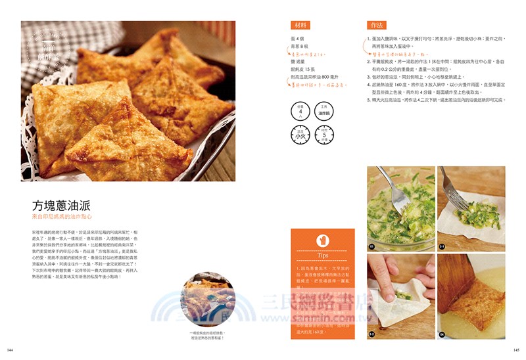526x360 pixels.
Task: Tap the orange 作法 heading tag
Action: tap(376, 25)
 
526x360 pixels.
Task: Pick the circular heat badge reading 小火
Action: tap(300, 135)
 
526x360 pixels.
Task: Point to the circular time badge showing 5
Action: tap(323, 135)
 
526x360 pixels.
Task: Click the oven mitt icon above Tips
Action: tap(322, 239)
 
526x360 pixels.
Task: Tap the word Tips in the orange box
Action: tap(322, 254)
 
